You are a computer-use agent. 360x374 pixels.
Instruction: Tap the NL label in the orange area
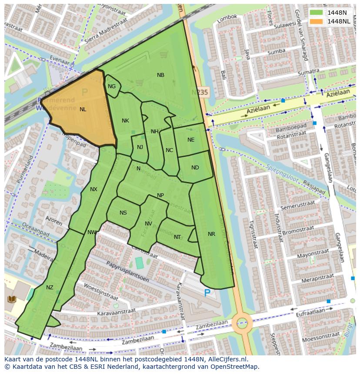tap(83, 109)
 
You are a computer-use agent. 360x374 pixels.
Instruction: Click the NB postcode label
tap(160, 75)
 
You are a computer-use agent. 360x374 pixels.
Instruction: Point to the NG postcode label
tap(112, 86)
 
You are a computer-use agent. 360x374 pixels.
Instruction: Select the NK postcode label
tap(125, 121)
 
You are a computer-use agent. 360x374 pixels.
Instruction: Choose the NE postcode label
tap(191, 140)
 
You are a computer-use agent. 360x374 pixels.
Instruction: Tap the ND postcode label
tap(195, 168)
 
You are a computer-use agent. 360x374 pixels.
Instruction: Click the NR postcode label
tap(211, 234)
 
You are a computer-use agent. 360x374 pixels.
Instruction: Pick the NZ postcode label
tap(50, 288)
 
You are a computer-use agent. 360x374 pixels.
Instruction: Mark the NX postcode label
tap(93, 189)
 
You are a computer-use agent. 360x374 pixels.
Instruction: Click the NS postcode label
tap(123, 213)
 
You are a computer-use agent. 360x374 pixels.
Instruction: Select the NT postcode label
tap(177, 237)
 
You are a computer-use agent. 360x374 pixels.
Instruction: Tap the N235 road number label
tap(200, 93)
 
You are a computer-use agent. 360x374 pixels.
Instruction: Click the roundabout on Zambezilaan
tap(242, 323)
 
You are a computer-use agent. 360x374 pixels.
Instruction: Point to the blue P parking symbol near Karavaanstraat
tap(207, 293)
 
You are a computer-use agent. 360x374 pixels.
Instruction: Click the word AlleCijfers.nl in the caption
tap(226, 359)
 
